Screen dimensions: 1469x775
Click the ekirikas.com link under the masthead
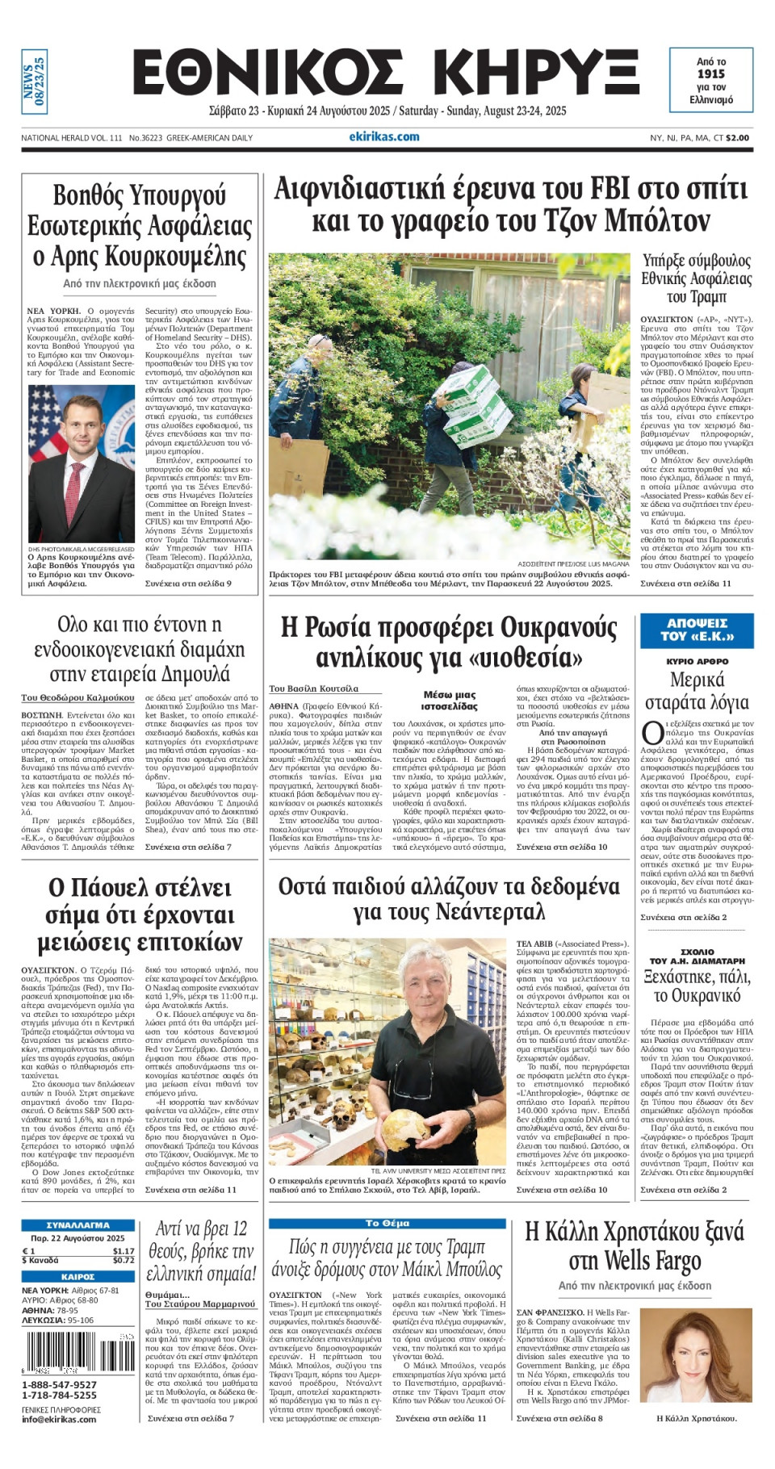pyautogui.click(x=384, y=137)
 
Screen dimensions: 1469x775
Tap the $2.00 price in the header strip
pyautogui.click(x=737, y=138)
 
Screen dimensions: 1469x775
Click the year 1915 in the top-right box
pyautogui.click(x=710, y=73)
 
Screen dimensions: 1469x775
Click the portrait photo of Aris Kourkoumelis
pyautogui.click(x=82, y=464)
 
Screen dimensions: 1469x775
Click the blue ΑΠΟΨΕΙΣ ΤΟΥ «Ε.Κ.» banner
pyautogui.click(x=697, y=630)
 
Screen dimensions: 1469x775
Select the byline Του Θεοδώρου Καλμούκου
pyautogui.click(x=78, y=697)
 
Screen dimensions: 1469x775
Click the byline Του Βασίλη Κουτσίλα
pyautogui.click(x=313, y=688)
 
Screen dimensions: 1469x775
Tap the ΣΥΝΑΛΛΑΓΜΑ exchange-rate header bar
pyautogui.click(x=77, y=1225)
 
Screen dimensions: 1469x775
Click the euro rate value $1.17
pyautogui.click(x=123, y=1250)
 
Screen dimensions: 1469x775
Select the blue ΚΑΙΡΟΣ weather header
pyautogui.click(x=77, y=1277)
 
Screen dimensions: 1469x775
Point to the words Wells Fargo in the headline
pyautogui.click(x=653, y=1261)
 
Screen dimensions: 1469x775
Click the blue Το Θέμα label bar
pyautogui.click(x=387, y=1224)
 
